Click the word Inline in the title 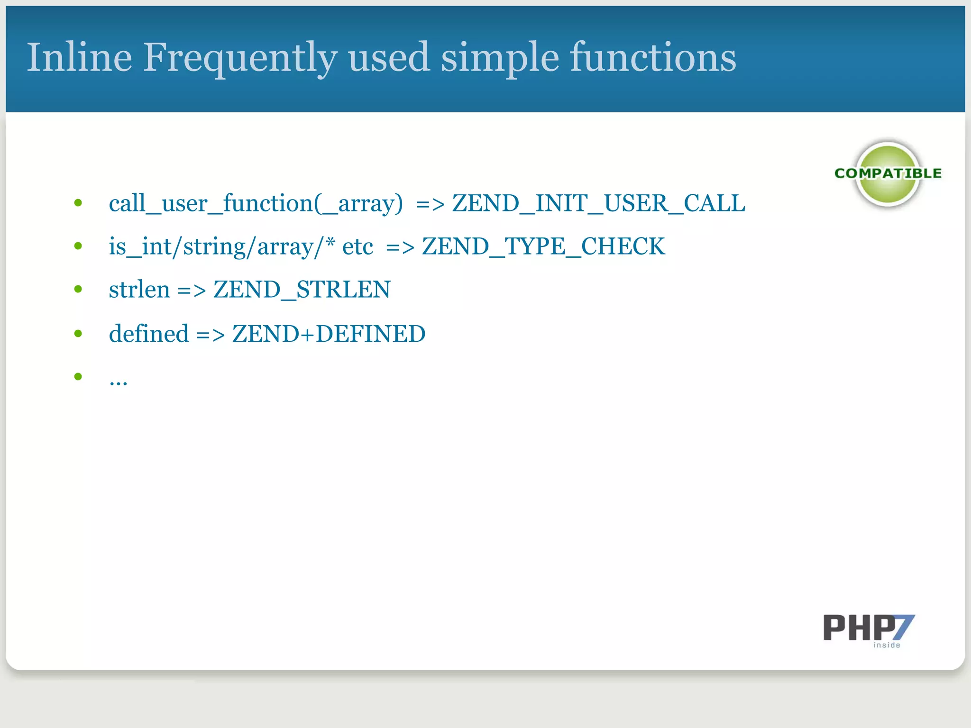coord(79,57)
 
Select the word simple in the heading coord(500,58)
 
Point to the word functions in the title coord(653,57)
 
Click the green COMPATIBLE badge coord(888,174)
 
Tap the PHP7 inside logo coord(869,630)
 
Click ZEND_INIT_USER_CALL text coord(598,203)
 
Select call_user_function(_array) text coord(256,203)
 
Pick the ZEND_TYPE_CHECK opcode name coord(543,246)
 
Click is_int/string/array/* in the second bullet coord(222,246)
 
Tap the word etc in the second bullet coord(357,246)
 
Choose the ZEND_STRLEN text coord(302,290)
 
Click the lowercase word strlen coord(139,290)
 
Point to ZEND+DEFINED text coord(329,334)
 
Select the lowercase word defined coord(149,334)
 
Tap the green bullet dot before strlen coord(78,289)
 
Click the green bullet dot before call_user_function coord(78,203)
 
